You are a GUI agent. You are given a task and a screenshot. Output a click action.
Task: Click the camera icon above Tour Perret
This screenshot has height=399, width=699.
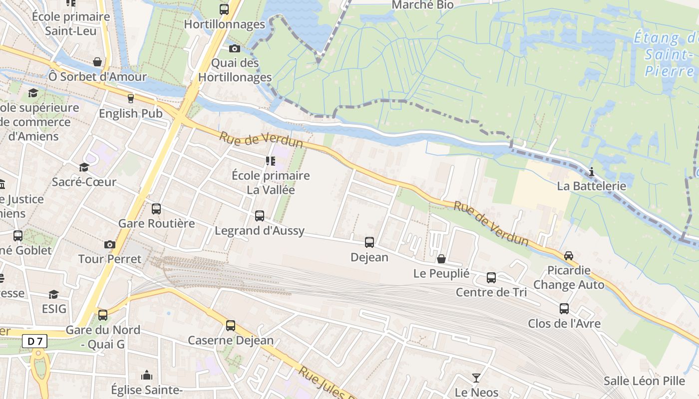tap(110, 244)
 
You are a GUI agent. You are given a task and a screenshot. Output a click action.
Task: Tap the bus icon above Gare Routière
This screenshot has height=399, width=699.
tap(156, 208)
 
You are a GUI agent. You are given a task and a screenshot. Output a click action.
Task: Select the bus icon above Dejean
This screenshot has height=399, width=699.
tap(369, 242)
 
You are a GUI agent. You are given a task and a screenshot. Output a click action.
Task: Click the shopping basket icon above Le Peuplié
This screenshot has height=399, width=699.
tap(441, 259)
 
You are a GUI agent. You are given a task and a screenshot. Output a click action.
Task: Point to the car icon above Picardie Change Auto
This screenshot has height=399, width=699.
tap(568, 256)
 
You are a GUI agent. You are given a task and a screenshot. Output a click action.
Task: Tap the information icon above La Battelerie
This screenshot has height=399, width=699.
tap(592, 172)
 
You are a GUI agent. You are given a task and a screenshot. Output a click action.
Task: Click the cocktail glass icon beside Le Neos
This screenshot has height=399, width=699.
tap(476, 378)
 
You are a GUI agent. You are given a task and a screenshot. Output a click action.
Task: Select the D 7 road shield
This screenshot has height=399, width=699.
tap(35, 342)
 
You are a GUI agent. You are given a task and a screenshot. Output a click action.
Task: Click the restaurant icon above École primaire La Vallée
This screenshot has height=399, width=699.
tap(270, 161)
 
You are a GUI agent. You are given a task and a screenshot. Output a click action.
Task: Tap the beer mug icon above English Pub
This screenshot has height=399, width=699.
tap(131, 99)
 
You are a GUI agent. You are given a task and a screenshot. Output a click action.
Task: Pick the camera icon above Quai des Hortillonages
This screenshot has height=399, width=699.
tap(234, 48)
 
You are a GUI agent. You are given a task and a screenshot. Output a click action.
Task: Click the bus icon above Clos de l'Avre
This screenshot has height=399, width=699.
tap(564, 309)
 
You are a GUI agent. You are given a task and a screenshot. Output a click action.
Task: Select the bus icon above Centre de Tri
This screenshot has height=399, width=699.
tap(491, 278)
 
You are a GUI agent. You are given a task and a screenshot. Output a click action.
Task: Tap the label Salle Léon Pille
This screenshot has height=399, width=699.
tap(644, 381)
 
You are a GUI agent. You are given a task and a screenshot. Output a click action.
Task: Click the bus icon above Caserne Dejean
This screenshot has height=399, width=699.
tap(230, 326)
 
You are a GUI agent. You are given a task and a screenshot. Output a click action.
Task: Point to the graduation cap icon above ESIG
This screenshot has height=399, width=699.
tap(53, 294)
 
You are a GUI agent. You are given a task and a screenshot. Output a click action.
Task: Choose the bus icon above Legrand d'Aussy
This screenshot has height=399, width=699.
tap(260, 216)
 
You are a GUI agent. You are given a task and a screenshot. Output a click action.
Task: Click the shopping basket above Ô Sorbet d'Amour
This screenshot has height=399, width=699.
tap(97, 62)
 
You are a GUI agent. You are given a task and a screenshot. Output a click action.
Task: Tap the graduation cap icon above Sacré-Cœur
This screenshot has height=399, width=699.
tap(84, 167)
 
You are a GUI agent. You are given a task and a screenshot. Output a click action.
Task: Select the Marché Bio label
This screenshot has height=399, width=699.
tap(422, 5)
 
